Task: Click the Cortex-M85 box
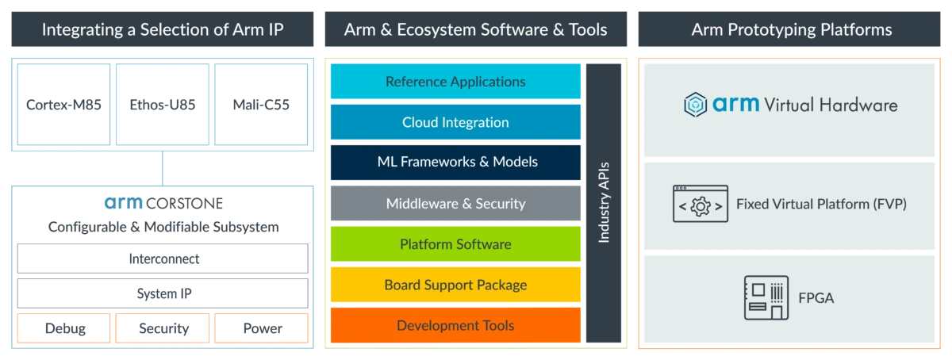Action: click(63, 105)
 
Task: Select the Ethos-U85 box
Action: click(163, 105)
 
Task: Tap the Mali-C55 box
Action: click(261, 105)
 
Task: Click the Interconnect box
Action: click(163, 259)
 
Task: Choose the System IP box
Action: click(163, 293)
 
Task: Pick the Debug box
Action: click(63, 328)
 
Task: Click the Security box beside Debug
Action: click(163, 328)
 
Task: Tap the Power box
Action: click(261, 328)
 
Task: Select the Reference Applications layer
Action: click(455, 81)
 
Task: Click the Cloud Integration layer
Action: click(455, 122)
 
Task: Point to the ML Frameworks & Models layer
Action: click(455, 163)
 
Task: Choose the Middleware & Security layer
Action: click(455, 203)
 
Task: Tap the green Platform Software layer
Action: click(455, 244)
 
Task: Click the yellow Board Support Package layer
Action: click(455, 285)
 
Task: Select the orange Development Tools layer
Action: click(455, 325)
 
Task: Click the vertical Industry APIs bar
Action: click(604, 203)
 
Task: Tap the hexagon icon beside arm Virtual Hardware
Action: click(695, 105)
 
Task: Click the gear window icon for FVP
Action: click(701, 204)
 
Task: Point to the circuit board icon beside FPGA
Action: click(766, 297)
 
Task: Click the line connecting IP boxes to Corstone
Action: click(163, 168)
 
